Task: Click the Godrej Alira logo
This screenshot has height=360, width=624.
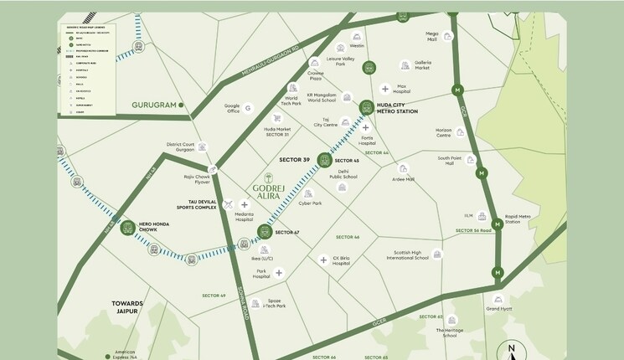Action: (269, 188)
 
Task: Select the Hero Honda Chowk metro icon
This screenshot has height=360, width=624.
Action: (128, 228)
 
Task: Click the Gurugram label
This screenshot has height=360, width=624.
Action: (154, 105)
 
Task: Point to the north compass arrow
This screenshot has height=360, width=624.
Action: (510, 349)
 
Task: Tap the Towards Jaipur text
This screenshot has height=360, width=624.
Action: (128, 306)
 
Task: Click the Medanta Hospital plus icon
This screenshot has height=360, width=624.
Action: (245, 204)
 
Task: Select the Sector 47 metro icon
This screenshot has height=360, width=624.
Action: (265, 231)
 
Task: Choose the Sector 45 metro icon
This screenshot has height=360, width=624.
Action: (324, 159)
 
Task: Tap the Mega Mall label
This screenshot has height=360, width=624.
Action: (432, 36)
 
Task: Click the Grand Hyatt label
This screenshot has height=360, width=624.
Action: (498, 309)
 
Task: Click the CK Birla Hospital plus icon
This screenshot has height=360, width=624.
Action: (322, 260)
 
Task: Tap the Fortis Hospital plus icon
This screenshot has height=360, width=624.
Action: (365, 128)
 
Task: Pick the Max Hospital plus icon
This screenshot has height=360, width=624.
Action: (384, 89)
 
